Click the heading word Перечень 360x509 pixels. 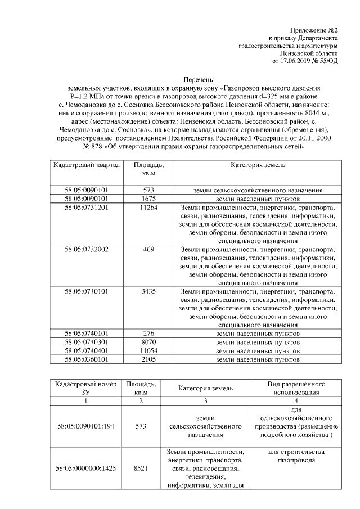[199, 80]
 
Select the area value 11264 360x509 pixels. [148, 207]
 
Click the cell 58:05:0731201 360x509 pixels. [86, 207]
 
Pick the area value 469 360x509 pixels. [148, 249]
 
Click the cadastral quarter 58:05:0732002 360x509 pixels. [86, 249]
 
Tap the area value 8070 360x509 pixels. [148, 341]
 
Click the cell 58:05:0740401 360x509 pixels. [86, 350]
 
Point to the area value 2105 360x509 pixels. [148, 358]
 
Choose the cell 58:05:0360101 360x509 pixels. [86, 358]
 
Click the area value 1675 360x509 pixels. [148, 199]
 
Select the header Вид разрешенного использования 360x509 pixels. [296, 388]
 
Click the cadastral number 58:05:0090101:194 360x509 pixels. [86, 427]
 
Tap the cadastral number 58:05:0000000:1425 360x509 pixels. [86, 468]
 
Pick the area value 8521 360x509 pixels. [141, 468]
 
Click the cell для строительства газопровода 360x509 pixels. [296, 456]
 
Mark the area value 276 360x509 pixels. [148, 333]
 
